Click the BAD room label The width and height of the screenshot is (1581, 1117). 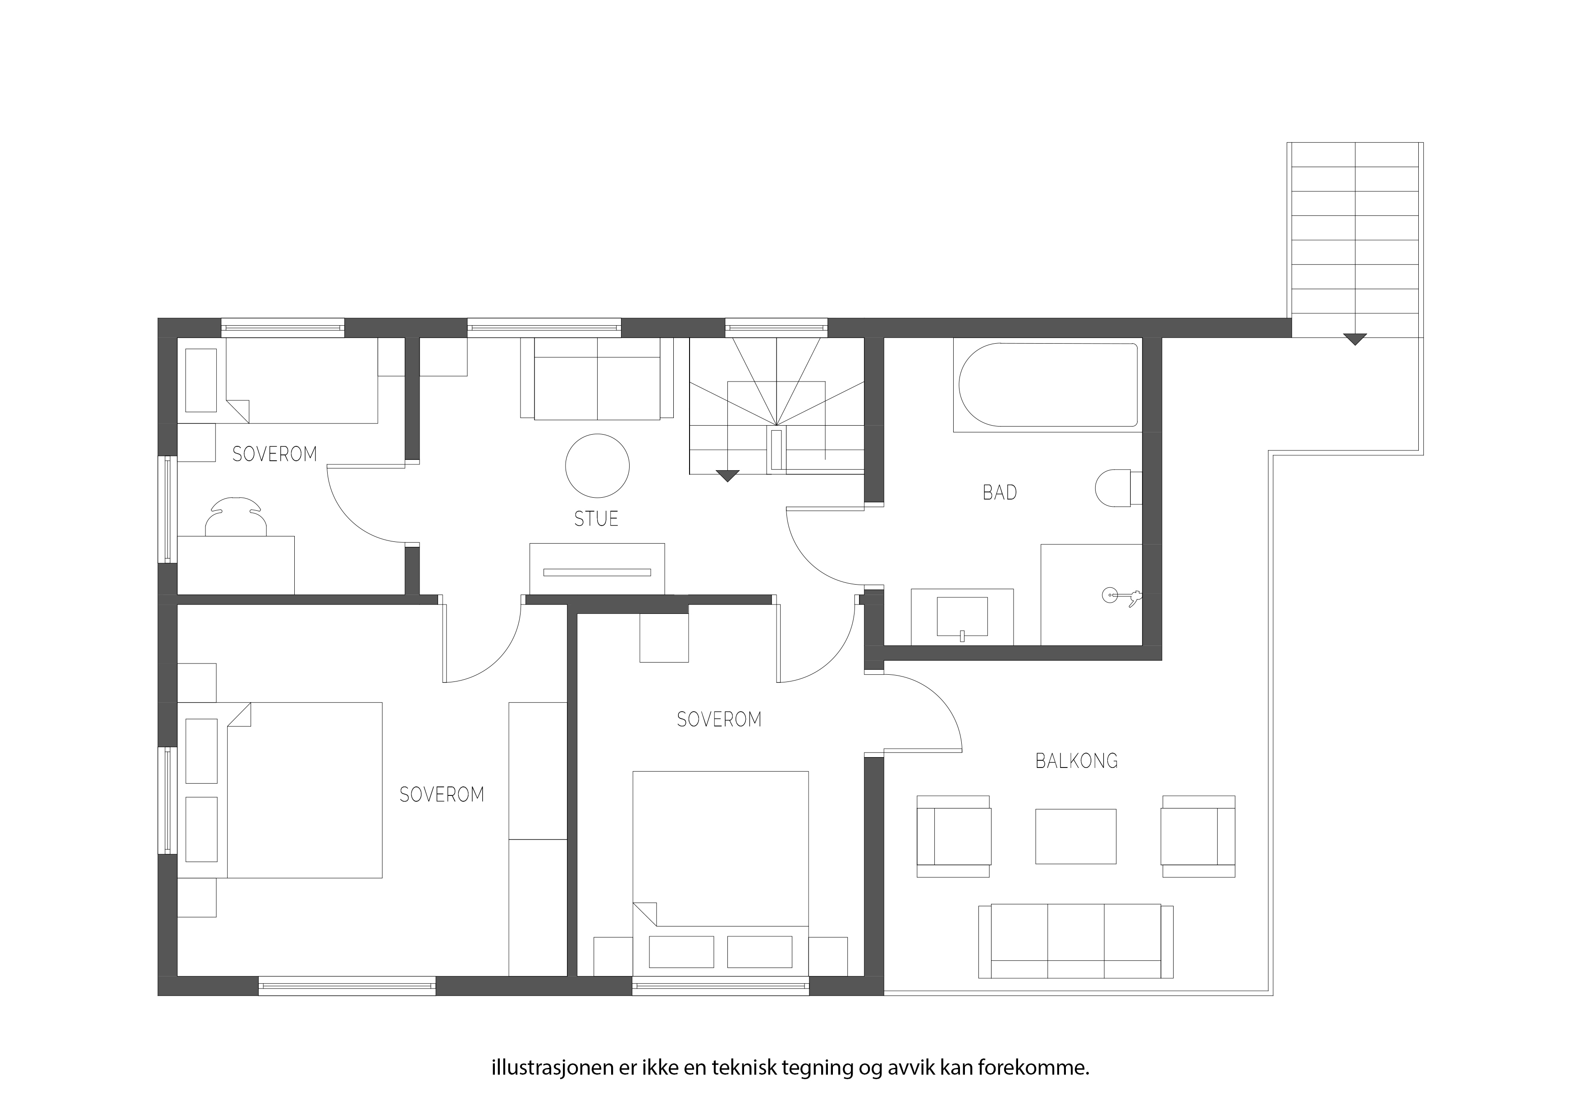999,492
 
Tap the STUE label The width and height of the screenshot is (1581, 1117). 596,519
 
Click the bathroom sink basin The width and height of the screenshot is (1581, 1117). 962,616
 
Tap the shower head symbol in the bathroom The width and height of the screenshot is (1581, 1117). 1119,596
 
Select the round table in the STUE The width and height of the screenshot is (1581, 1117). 597,466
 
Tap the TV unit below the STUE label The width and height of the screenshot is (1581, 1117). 597,568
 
